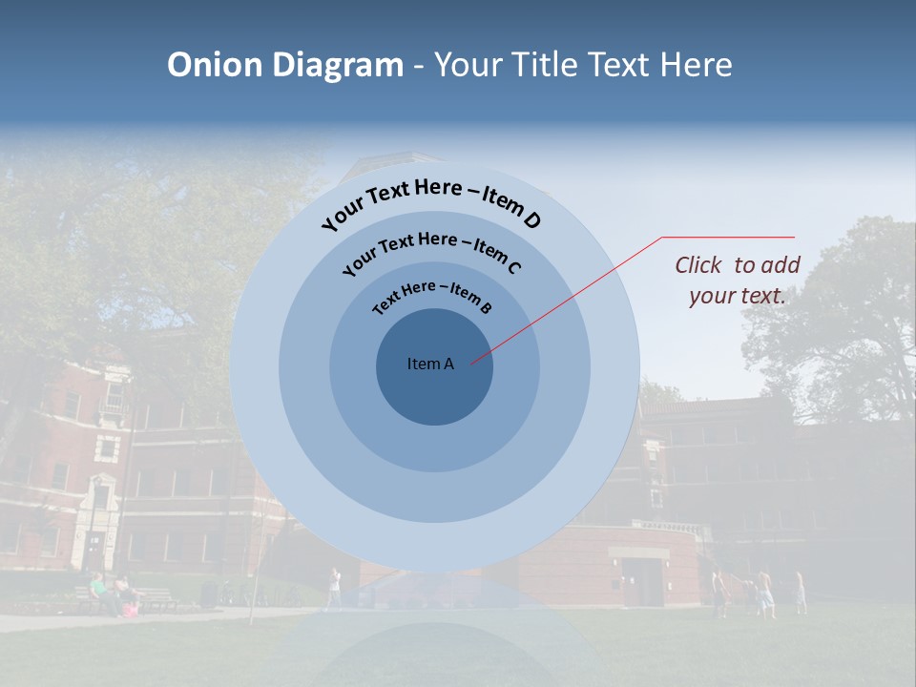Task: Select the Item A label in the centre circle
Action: pyautogui.click(x=430, y=364)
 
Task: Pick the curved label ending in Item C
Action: pyautogui.click(x=431, y=249)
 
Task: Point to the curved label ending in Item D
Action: pyautogui.click(x=431, y=200)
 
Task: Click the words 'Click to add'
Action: pyautogui.click(x=738, y=265)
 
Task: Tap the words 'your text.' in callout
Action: pyautogui.click(x=738, y=296)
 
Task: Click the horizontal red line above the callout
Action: pyautogui.click(x=728, y=237)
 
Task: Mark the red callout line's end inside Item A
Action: pyautogui.click(x=471, y=362)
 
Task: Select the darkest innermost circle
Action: pyautogui.click(x=434, y=391)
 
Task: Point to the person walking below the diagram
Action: pyautogui.click(x=333, y=586)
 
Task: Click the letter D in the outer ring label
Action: pyautogui.click(x=532, y=221)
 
